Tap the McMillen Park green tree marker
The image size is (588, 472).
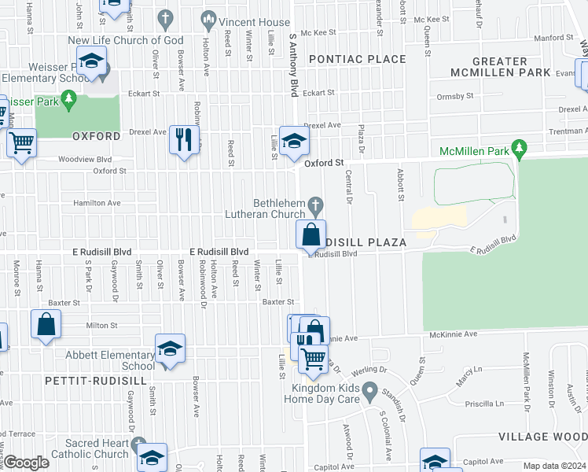[x=518, y=147]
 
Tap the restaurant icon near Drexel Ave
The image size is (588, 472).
[x=183, y=141]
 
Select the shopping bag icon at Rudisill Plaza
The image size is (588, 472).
[x=311, y=234]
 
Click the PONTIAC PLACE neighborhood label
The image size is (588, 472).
[x=357, y=59]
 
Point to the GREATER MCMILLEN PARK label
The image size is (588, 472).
[x=500, y=67]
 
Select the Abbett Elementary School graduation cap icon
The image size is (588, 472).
[x=169, y=349]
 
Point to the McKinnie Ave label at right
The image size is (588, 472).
[x=453, y=334]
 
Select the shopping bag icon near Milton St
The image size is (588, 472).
[x=46, y=324]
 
